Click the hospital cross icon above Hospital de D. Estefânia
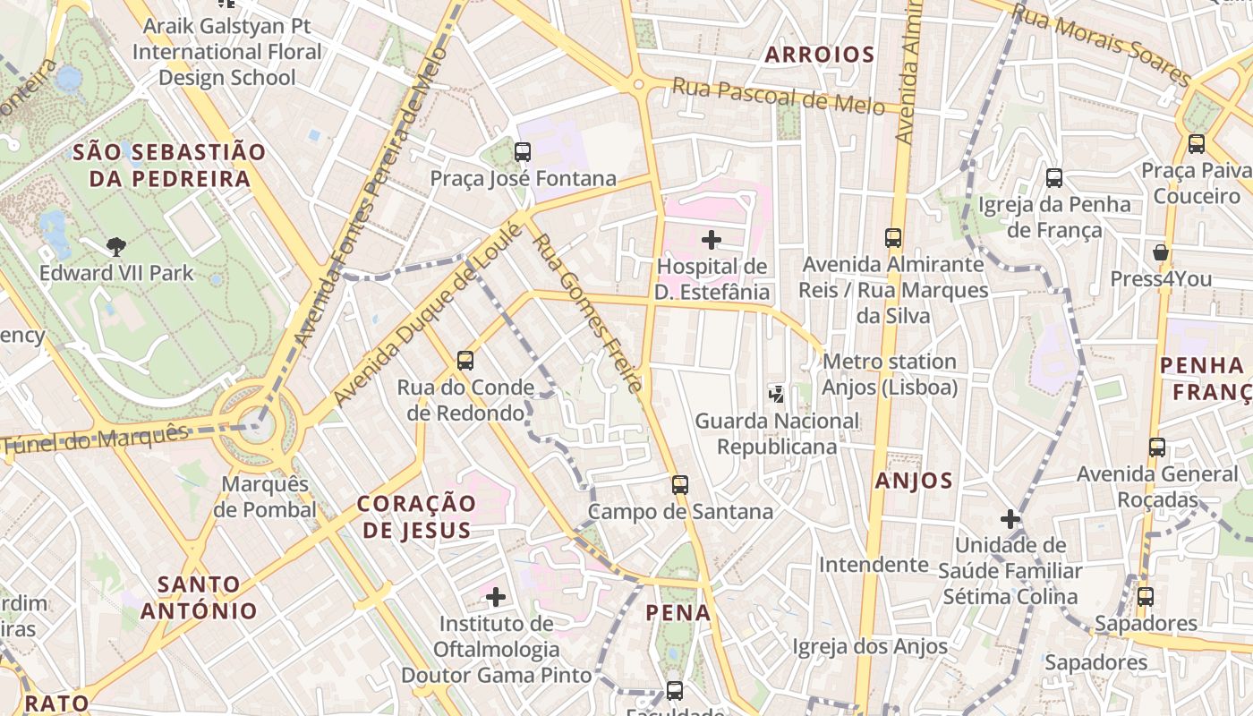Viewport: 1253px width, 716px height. (x=712, y=240)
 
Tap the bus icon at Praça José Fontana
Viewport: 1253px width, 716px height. (x=523, y=152)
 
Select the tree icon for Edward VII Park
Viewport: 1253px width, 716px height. (x=115, y=246)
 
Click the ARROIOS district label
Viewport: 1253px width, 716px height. (x=819, y=55)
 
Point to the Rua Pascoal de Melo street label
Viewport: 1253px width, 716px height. (x=778, y=96)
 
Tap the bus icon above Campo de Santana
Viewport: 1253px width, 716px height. (x=680, y=485)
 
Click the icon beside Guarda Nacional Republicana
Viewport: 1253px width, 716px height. (x=777, y=393)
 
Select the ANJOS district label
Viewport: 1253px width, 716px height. (x=914, y=481)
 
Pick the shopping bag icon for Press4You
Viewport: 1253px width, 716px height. (x=1161, y=252)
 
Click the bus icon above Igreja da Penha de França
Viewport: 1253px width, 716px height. (x=1054, y=178)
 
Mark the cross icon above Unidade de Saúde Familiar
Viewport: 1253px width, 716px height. (x=1010, y=519)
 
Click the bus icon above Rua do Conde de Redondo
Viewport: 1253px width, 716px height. (x=465, y=361)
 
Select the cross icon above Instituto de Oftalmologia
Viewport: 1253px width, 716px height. (x=496, y=596)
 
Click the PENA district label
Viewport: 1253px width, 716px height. (x=678, y=613)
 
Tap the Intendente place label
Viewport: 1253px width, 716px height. (x=874, y=565)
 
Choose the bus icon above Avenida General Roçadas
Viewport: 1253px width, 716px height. (x=1157, y=447)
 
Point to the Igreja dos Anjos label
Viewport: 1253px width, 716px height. (x=870, y=646)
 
